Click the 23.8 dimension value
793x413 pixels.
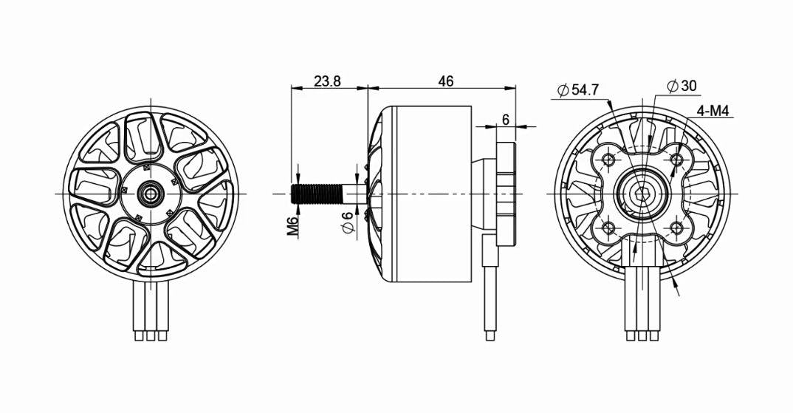327,82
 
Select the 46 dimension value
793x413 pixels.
445,82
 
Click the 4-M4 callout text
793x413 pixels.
713,111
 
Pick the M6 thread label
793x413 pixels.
293,224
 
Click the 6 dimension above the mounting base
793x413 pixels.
506,120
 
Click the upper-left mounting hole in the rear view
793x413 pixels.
609,160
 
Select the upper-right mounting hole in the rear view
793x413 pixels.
676,160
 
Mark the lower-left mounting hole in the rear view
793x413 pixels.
609,228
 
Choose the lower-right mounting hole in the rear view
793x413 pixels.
676,228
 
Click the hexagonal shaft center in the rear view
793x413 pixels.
642,194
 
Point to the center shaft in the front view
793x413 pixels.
151,194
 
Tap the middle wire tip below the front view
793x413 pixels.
151,336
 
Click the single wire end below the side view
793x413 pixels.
490,336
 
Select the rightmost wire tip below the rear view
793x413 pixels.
653,336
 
